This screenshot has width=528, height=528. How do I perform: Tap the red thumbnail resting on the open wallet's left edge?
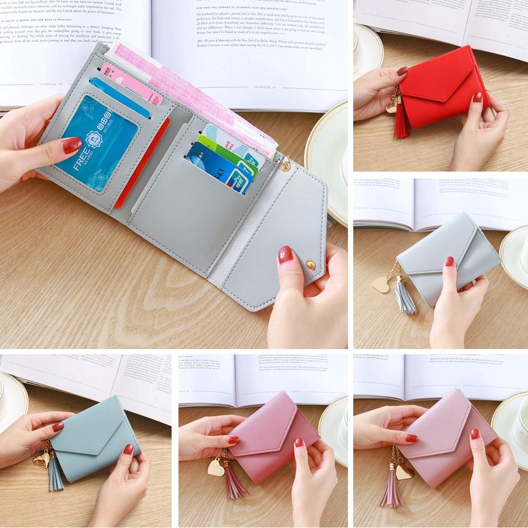(71, 145)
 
